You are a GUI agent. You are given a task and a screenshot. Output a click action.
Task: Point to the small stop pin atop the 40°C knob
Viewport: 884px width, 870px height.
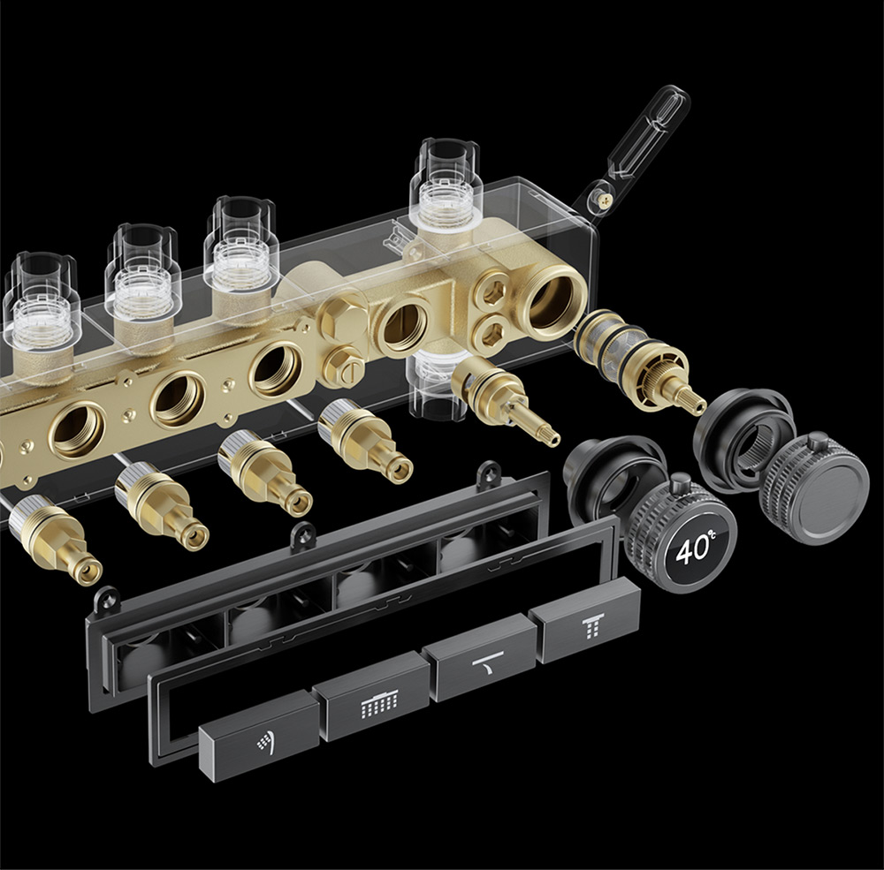click(x=679, y=482)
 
